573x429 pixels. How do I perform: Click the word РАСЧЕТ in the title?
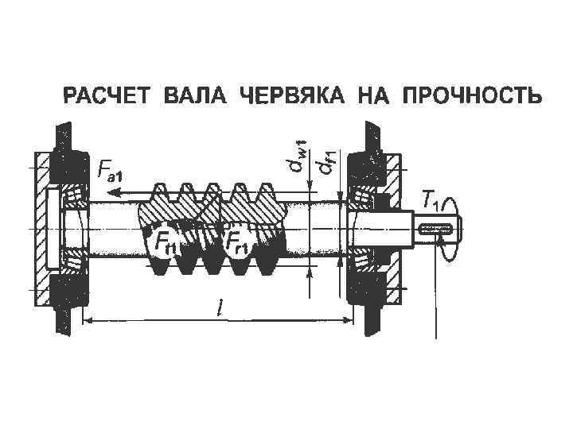[110, 99]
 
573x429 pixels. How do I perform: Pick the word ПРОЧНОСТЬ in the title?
[473, 99]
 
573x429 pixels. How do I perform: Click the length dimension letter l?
[219, 307]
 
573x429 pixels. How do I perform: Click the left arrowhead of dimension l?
[88, 320]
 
